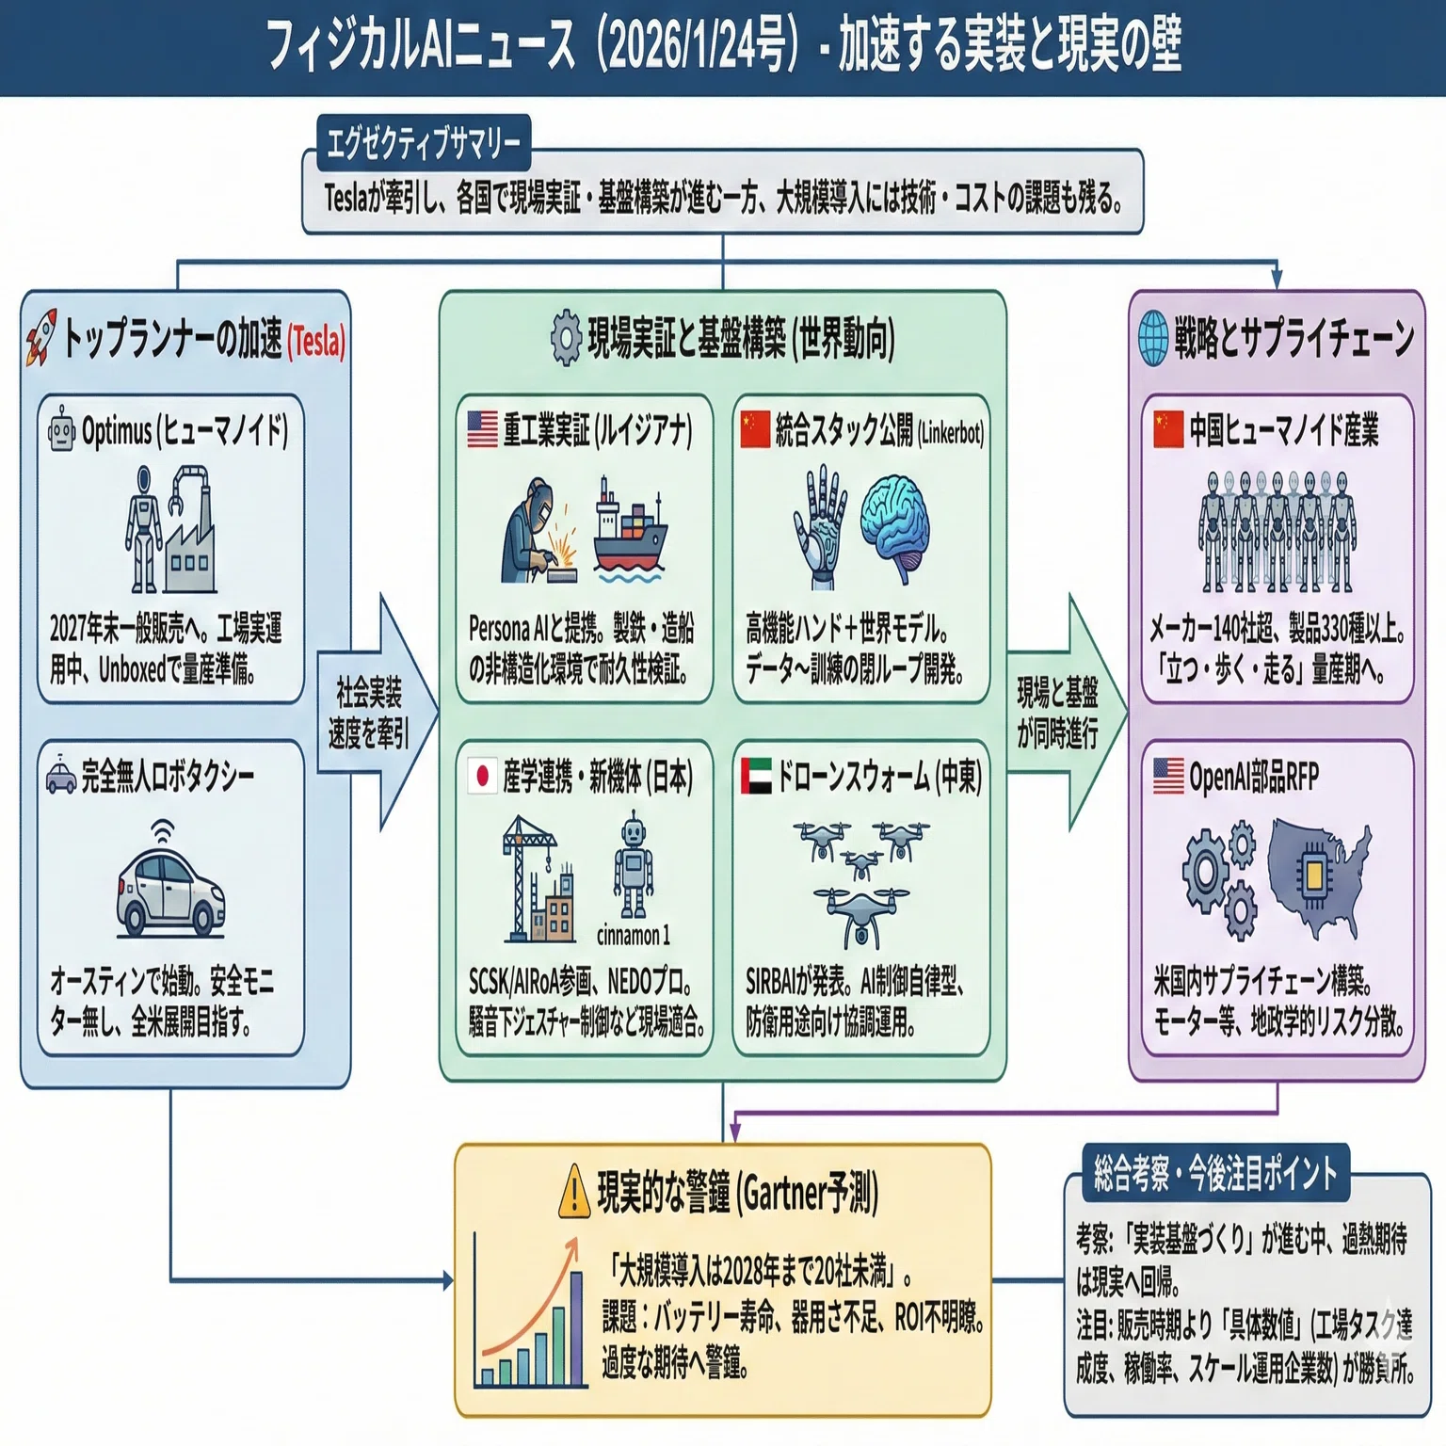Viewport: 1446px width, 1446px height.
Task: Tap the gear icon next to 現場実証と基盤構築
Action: [x=566, y=337]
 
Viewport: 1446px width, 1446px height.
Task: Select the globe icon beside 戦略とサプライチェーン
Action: [x=1153, y=338]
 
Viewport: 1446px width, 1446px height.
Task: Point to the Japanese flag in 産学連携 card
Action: [x=482, y=776]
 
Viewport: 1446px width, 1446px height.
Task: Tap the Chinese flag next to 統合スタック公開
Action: [x=755, y=429]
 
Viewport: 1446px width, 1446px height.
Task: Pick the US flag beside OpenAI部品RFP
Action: [x=1168, y=776]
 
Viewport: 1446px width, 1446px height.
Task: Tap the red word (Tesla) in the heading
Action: [x=317, y=341]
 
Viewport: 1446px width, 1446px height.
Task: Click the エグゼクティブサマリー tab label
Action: [x=423, y=144]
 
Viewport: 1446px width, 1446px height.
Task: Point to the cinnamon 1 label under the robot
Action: [x=633, y=935]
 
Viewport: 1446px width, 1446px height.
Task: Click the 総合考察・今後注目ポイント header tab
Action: [x=1215, y=1173]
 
